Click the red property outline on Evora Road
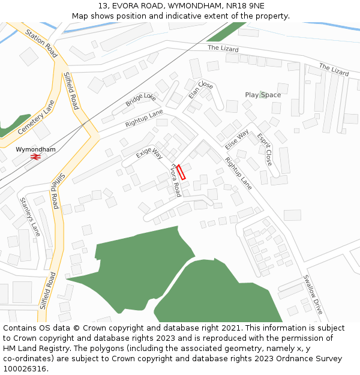tap(181, 172)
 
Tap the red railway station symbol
tap(36, 157)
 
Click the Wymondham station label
tap(35, 149)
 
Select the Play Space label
tap(263, 95)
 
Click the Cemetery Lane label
tap(36, 118)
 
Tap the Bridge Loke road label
tap(140, 100)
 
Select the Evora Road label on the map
tap(176, 181)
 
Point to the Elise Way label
tap(236, 140)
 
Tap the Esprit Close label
tap(265, 149)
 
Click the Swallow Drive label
tap(313, 295)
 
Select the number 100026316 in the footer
tap(25, 369)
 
